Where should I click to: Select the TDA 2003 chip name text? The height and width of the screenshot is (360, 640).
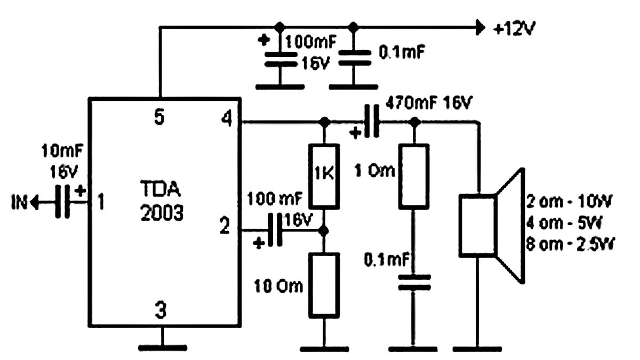(162, 201)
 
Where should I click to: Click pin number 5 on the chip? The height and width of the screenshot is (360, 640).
(159, 117)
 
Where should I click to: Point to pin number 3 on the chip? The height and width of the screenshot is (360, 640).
(161, 310)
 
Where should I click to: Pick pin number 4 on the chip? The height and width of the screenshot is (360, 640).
(227, 119)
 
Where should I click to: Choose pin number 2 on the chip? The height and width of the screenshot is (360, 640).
(225, 226)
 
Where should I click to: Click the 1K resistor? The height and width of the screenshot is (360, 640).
(324, 177)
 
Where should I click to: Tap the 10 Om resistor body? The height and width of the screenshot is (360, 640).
(324, 286)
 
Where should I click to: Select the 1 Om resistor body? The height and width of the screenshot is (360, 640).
(414, 177)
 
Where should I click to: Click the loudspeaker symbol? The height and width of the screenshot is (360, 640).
(492, 226)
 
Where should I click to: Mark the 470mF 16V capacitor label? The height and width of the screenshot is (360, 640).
(429, 103)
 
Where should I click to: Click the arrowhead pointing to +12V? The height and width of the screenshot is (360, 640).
(481, 28)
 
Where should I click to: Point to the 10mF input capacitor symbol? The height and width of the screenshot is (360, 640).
(62, 202)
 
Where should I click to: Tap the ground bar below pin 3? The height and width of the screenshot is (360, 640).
(163, 348)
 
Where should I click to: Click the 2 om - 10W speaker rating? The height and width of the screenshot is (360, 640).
(569, 202)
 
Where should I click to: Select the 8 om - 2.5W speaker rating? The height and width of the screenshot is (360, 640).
(570, 245)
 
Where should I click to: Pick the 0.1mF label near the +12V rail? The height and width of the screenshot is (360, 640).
(402, 52)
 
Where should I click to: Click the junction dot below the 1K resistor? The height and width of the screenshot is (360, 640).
(324, 230)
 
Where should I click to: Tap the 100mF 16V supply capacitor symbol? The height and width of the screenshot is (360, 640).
(281, 59)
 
